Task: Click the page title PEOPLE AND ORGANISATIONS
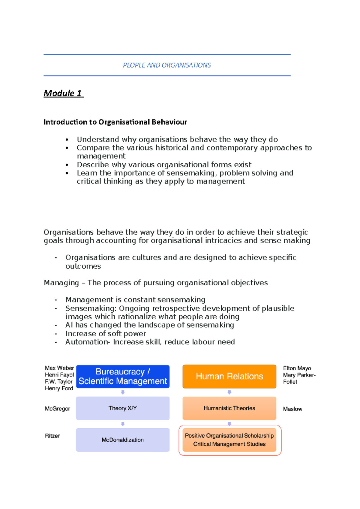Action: [167, 65]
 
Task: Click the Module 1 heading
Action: [63, 93]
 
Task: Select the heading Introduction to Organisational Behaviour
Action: [115, 122]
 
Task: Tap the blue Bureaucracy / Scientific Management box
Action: [123, 377]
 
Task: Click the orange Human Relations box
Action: [229, 377]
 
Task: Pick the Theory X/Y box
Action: [123, 408]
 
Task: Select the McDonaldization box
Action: [123, 440]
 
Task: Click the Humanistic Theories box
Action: [229, 408]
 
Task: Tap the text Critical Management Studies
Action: [229, 444]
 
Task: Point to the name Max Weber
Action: [59, 368]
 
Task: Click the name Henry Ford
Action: [59, 388]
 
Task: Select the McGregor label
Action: [57, 409]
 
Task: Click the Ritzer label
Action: [52, 436]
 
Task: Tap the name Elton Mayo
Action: [297, 368]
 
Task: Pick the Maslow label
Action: [292, 409]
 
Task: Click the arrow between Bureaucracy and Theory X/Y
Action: [123, 392]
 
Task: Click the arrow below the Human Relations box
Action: [229, 392]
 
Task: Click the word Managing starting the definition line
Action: [61, 283]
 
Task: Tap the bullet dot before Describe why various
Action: [67, 165]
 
